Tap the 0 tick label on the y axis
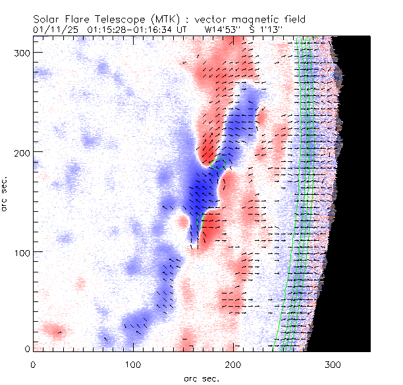tap(26, 349)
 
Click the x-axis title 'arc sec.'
tap(201, 378)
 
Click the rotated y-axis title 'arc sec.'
tap(6, 195)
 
